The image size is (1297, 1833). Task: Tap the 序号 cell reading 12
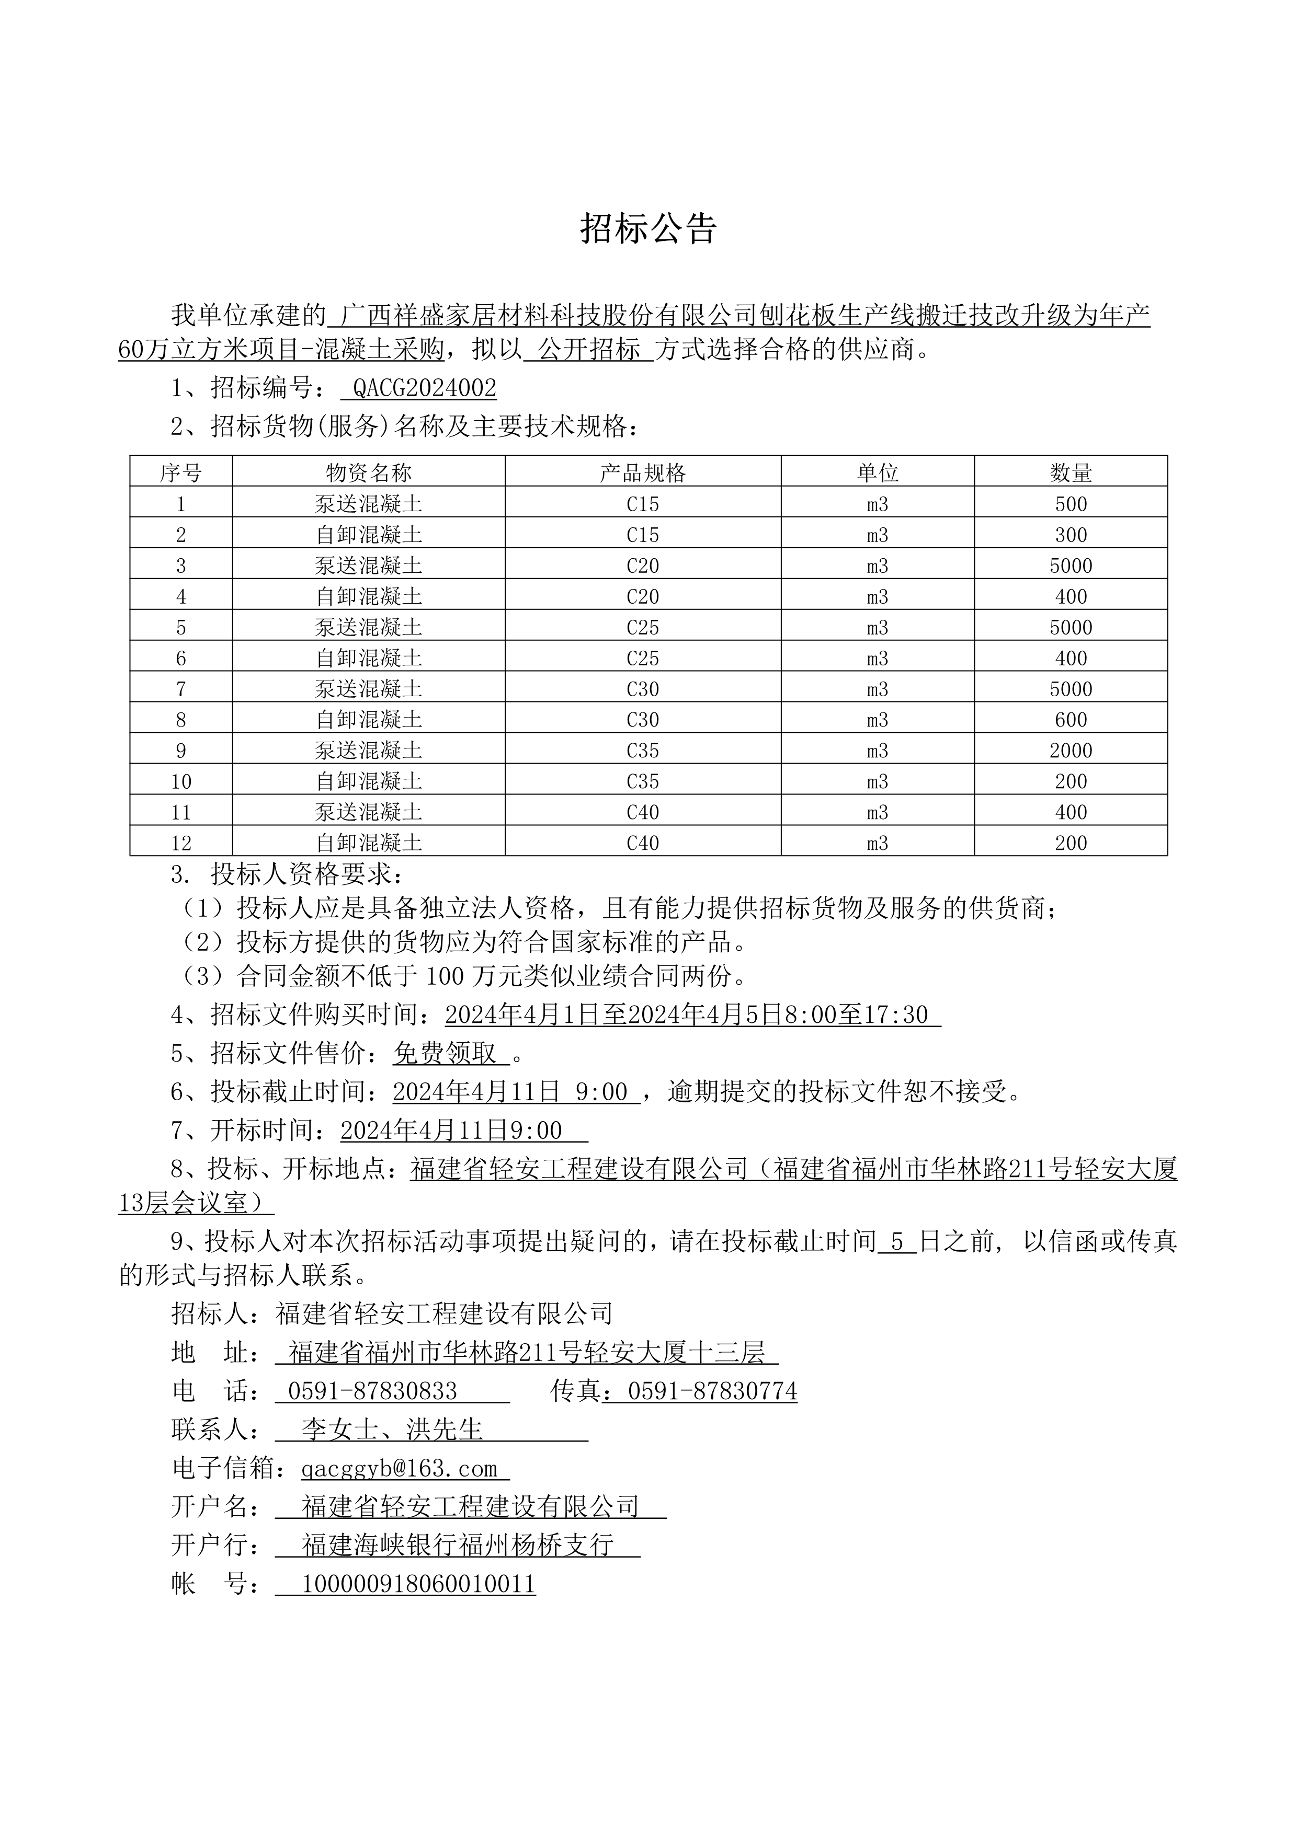click(x=181, y=843)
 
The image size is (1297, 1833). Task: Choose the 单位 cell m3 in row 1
click(x=877, y=504)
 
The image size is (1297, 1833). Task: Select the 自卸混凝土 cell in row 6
click(x=368, y=658)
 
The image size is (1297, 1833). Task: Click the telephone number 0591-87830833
click(x=372, y=1391)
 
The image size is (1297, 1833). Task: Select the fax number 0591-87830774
click(x=712, y=1391)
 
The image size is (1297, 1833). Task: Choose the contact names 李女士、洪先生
click(x=392, y=1430)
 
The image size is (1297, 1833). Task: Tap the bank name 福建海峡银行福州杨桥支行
click(x=458, y=1545)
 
